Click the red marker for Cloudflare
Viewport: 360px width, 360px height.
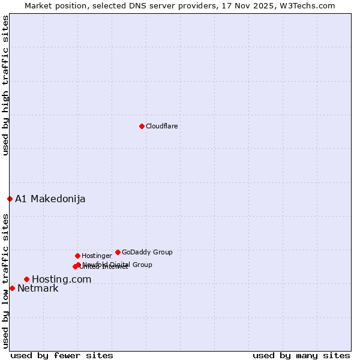(142, 126)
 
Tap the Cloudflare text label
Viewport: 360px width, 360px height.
(161, 126)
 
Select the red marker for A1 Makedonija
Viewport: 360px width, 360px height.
(10, 199)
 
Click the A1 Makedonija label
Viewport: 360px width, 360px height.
(50, 199)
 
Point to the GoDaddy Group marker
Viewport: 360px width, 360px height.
(118, 252)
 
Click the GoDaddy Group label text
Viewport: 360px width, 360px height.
(147, 252)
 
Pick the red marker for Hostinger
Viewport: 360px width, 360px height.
(77, 256)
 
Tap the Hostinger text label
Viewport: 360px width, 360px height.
(97, 256)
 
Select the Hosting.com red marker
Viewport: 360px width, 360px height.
(26, 279)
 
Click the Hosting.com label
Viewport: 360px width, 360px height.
(61, 279)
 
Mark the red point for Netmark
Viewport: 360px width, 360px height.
(12, 288)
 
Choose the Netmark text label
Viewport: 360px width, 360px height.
(38, 288)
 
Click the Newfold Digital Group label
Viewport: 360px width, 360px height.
(118, 264)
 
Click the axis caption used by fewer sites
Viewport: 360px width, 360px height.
(62, 355)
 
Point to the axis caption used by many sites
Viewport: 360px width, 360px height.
(301, 355)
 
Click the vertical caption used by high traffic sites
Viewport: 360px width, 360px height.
(5, 86)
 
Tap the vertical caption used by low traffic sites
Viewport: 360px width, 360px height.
(5, 280)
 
